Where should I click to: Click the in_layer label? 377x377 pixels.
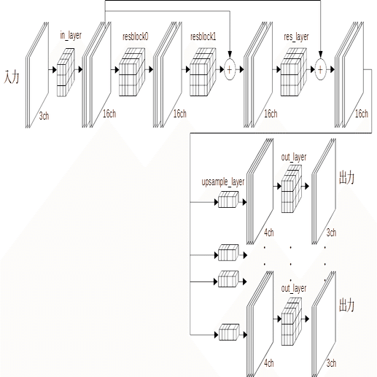(71, 36)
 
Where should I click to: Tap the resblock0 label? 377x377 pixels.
(136, 36)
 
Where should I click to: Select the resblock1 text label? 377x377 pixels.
(203, 36)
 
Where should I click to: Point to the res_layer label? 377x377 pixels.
(296, 37)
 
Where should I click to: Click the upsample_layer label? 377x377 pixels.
(223, 182)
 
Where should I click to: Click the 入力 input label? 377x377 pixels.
(12, 77)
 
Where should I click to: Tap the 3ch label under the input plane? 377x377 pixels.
(44, 116)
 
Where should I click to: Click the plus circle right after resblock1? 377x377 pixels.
(230, 69)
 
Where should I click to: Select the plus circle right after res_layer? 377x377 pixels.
(320, 69)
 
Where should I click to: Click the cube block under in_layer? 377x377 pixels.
(66, 72)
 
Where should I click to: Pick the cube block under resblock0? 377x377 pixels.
(132, 72)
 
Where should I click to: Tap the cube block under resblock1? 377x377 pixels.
(203, 72)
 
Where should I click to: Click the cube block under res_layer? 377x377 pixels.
(294, 72)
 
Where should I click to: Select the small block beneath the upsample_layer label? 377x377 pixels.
(228, 200)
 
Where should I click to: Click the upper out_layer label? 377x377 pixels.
(294, 157)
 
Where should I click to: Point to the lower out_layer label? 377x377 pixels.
(294, 289)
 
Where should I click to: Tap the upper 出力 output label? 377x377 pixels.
(346, 178)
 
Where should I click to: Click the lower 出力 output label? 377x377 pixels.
(346, 305)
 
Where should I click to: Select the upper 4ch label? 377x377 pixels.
(269, 233)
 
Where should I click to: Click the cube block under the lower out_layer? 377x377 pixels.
(292, 322)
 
